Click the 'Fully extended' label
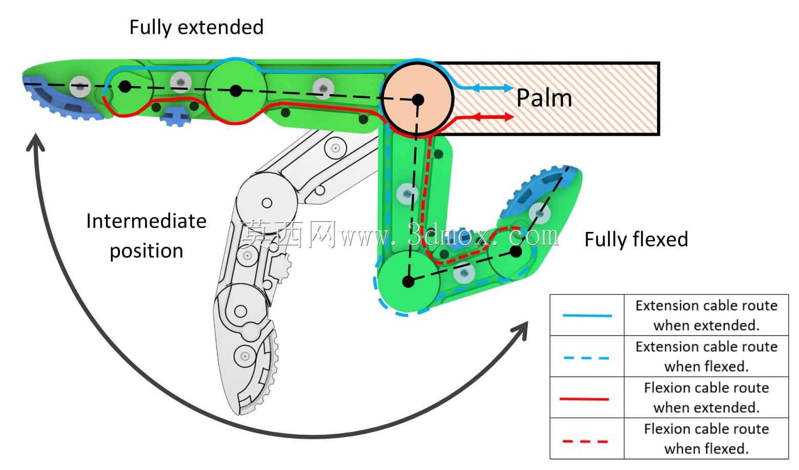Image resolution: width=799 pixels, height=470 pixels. (196, 28)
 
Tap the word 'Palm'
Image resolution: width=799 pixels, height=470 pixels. (544, 98)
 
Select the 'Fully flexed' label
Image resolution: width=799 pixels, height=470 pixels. (637, 240)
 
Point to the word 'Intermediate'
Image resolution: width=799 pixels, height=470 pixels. (146, 221)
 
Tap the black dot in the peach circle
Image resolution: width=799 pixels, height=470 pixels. (418, 100)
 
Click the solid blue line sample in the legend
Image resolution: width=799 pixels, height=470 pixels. (587, 315)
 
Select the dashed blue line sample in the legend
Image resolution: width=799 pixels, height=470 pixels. (586, 358)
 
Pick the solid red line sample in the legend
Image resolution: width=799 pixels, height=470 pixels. (584, 399)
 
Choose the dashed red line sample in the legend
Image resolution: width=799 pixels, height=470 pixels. (585, 441)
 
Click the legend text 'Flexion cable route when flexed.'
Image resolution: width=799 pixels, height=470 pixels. (706, 439)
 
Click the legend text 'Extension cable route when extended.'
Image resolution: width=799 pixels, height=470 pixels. (706, 315)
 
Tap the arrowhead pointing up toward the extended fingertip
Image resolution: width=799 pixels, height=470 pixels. (36, 142)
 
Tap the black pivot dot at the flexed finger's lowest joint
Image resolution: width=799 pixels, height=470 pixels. (408, 282)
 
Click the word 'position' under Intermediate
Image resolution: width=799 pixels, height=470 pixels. (146, 251)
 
